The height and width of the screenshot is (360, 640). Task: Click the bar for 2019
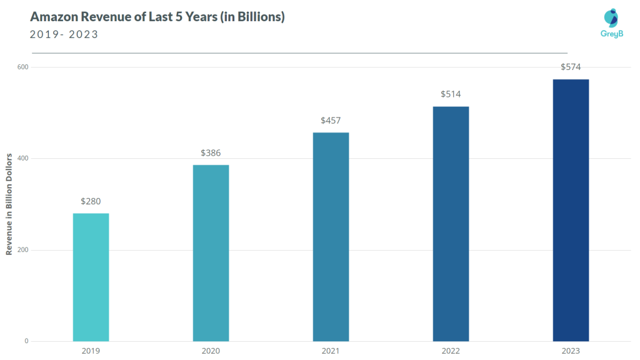(91, 277)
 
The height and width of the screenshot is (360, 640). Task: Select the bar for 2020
(211, 252)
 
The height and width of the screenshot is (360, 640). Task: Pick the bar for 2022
(451, 224)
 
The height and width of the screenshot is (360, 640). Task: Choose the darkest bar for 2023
(571, 210)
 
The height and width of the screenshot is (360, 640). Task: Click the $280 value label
(91, 201)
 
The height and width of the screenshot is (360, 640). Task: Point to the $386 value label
(211, 152)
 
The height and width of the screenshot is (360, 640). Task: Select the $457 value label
(331, 120)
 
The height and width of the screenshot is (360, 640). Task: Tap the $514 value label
(451, 94)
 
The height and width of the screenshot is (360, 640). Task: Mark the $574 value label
(571, 67)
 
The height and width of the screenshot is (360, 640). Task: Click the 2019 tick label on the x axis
(91, 351)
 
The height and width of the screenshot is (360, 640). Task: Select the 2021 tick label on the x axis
(331, 351)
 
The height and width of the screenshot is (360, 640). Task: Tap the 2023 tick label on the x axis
(571, 351)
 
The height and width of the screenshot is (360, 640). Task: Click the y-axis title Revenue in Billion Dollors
(9, 203)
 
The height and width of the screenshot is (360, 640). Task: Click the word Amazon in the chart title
(54, 17)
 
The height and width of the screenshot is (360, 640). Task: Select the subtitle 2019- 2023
(64, 34)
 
